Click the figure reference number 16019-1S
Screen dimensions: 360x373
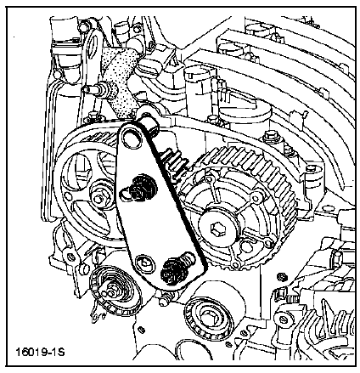40,353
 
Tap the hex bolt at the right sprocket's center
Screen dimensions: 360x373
216,228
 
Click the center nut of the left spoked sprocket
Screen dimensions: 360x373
98,199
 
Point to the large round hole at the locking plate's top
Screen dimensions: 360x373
130,137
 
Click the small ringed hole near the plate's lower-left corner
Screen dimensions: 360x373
145,264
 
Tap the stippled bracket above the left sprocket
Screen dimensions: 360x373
120,83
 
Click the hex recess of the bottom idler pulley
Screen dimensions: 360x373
207,315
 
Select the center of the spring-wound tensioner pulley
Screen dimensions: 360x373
111,291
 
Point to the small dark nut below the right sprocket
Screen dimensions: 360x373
281,276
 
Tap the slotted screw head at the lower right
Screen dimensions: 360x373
284,319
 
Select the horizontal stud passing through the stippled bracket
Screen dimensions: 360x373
100,88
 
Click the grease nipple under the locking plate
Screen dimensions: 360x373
165,300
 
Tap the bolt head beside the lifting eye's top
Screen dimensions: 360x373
82,27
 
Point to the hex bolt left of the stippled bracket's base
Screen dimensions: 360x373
92,116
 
